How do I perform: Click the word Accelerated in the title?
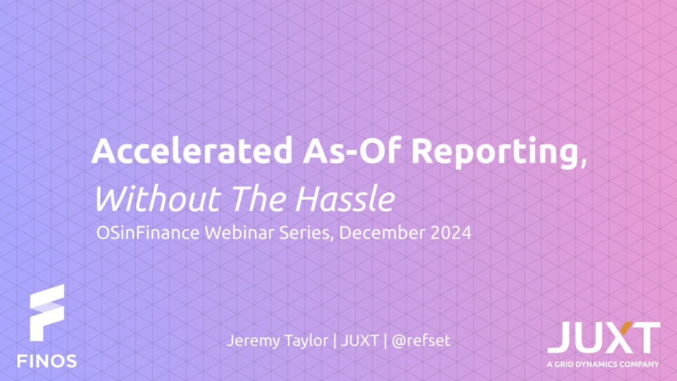pyautogui.click(x=192, y=151)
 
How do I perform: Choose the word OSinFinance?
pyautogui.click(x=148, y=232)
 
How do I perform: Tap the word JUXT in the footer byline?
pyautogui.click(x=360, y=341)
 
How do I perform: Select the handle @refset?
pyautogui.click(x=421, y=341)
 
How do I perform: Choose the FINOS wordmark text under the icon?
pyautogui.click(x=47, y=361)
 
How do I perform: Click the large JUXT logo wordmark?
pyautogui.click(x=604, y=337)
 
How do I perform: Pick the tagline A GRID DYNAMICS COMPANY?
pyautogui.click(x=603, y=364)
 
